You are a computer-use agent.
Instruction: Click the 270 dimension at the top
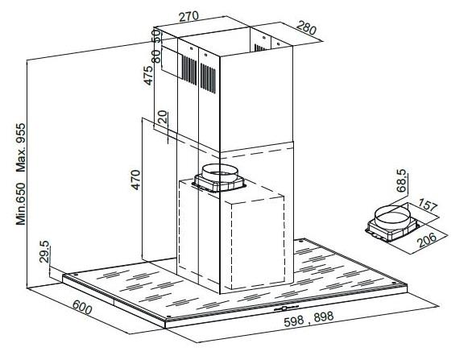click(x=188, y=17)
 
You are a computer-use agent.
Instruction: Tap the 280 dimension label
click(x=306, y=29)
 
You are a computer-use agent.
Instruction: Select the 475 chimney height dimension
click(x=148, y=75)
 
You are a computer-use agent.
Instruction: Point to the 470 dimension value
click(x=136, y=180)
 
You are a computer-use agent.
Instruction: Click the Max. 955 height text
click(x=21, y=147)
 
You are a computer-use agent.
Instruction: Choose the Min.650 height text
click(x=21, y=204)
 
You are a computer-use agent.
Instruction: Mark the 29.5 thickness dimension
click(x=44, y=251)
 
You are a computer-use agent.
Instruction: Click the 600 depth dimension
click(x=82, y=308)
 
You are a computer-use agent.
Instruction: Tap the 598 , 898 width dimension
click(x=308, y=319)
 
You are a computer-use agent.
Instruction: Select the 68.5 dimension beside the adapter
click(x=401, y=181)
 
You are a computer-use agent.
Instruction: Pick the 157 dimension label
click(x=428, y=206)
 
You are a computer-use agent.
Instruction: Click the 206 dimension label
click(x=428, y=240)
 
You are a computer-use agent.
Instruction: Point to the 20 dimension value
click(x=162, y=117)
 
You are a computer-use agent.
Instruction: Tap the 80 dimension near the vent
click(x=156, y=56)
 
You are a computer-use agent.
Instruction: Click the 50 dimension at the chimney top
click(x=156, y=35)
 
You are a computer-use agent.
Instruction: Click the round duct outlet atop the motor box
click(x=220, y=174)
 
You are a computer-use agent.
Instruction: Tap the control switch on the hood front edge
click(x=285, y=308)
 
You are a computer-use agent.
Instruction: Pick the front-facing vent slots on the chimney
click(x=208, y=78)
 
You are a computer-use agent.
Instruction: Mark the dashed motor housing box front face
click(x=258, y=244)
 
